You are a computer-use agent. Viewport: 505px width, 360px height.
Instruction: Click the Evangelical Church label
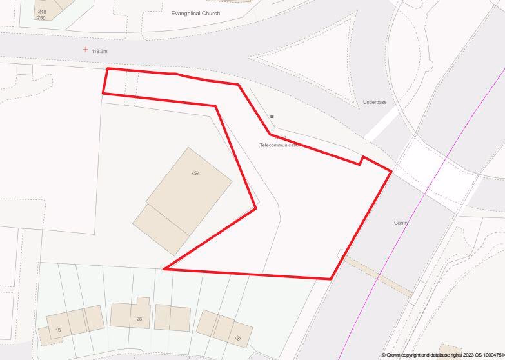195,13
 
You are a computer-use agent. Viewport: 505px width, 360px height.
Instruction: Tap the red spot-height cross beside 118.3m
85,49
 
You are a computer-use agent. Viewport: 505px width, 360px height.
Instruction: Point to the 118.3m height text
100,51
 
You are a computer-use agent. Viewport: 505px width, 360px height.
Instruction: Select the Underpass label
375,102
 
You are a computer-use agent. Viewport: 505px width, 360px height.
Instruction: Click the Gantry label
401,223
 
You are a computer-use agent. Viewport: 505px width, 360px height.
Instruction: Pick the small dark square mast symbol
272,116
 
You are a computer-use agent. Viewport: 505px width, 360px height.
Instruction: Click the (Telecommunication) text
280,145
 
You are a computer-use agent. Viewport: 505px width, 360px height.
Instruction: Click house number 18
58,330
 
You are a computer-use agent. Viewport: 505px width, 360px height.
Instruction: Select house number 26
139,319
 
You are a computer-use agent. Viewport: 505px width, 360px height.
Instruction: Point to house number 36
237,338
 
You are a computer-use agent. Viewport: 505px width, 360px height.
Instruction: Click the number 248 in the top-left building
42,12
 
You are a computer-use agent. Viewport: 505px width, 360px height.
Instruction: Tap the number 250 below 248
42,17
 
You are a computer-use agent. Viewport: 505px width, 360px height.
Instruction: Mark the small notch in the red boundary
362,159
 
